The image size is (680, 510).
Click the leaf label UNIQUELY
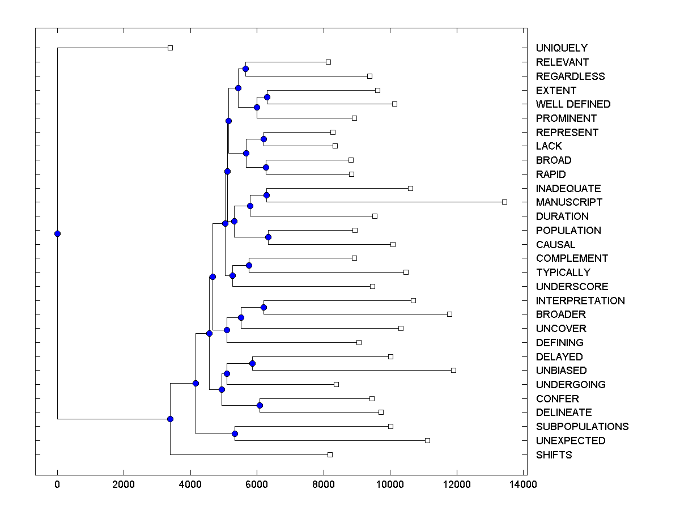(562, 48)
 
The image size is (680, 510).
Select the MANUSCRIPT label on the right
(569, 202)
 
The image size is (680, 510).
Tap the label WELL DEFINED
(573, 104)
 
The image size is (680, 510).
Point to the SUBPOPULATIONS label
(582, 427)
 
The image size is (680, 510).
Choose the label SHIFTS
(554, 455)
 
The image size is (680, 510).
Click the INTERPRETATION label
(580, 301)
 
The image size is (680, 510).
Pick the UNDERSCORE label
(572, 287)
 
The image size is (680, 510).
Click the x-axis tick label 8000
(324, 484)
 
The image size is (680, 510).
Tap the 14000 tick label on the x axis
(523, 484)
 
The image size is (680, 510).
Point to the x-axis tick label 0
(57, 484)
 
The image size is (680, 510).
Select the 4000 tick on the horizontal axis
(190, 484)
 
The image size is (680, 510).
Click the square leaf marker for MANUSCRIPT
(504, 202)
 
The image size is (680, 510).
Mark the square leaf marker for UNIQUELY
(170, 48)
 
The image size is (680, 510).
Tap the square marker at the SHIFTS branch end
(330, 454)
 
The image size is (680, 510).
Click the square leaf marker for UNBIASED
(453, 370)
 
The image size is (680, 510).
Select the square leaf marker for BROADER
(449, 314)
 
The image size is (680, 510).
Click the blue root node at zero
(57, 233)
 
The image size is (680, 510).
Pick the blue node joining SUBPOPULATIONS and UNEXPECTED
(235, 433)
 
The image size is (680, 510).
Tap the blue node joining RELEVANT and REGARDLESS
(245, 69)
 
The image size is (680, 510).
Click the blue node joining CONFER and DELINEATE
(260, 405)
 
